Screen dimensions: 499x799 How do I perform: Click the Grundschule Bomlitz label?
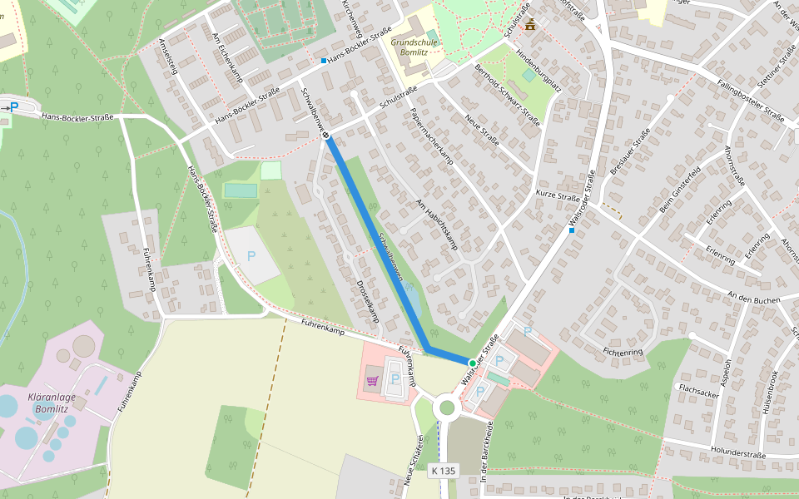pyautogui.click(x=409, y=45)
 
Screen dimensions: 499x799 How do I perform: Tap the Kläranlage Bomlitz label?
pyautogui.click(x=52, y=403)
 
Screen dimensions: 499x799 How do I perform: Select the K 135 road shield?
pyautogui.click(x=444, y=471)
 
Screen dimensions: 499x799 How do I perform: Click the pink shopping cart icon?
pyautogui.click(x=371, y=381)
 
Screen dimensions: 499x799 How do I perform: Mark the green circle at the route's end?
pyautogui.click(x=472, y=363)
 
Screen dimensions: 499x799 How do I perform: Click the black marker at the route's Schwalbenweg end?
pyautogui.click(x=325, y=136)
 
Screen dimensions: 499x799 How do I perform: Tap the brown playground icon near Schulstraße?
pyautogui.click(x=529, y=24)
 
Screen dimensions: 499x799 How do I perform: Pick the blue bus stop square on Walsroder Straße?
pyautogui.click(x=572, y=230)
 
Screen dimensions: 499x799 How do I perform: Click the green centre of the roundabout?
pyautogui.click(x=448, y=408)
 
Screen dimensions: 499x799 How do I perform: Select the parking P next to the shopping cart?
pyautogui.click(x=395, y=378)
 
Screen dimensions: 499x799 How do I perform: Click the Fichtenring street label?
pyautogui.click(x=623, y=352)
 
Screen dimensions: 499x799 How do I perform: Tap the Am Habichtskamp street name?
pyautogui.click(x=437, y=225)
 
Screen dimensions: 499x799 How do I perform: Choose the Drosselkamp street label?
pyautogui.click(x=367, y=300)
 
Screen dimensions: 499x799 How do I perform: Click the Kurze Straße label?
pyautogui.click(x=557, y=197)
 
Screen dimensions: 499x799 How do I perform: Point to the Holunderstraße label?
pyautogui.click(x=737, y=455)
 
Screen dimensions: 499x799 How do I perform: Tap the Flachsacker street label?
pyautogui.click(x=698, y=388)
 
